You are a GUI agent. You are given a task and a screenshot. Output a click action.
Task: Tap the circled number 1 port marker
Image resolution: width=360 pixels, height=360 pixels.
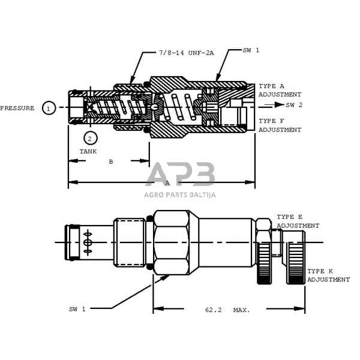tap(49, 108)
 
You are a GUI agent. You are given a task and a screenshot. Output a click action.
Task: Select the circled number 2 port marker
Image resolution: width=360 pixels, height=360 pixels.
tap(89, 139)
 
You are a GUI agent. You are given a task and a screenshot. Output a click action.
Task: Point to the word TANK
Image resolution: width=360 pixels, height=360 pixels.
tap(88, 152)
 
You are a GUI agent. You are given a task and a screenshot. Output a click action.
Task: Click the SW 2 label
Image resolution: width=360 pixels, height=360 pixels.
tap(294, 104)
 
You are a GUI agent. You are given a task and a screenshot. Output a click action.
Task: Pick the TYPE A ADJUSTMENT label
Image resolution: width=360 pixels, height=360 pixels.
tap(280, 91)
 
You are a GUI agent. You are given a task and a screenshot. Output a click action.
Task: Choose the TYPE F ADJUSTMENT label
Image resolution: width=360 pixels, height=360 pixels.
tap(280, 125)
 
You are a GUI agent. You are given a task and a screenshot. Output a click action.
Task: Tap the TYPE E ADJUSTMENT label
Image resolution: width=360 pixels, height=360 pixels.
tap(298, 221)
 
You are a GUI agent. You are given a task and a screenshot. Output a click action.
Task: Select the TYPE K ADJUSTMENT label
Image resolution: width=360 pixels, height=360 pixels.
tap(328, 275)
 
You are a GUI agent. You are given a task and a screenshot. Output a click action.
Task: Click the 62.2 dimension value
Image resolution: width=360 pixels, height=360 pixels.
tap(213, 310)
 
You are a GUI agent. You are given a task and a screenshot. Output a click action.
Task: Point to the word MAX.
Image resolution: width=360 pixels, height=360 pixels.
tap(242, 310)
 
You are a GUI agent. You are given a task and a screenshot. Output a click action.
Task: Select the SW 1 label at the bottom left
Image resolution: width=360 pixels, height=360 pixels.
tap(77, 309)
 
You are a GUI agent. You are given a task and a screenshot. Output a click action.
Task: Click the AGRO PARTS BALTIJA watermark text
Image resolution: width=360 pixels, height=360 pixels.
tap(180, 194)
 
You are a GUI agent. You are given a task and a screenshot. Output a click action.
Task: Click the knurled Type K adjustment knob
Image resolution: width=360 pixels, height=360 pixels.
tap(296, 262)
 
